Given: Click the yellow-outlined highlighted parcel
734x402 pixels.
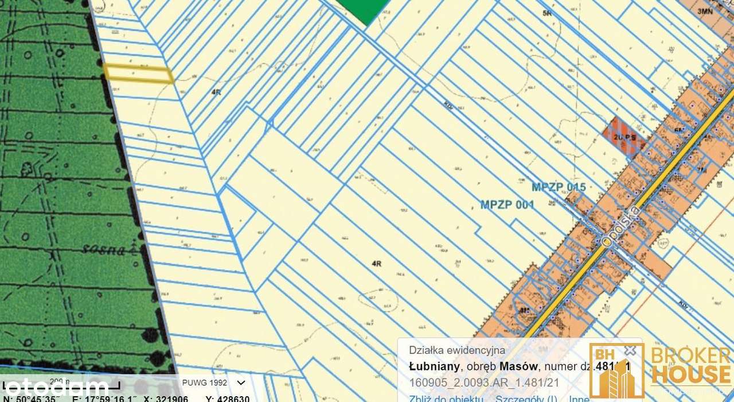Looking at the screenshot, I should tap(138, 73).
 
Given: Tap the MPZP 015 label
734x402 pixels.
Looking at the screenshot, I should tap(559, 187).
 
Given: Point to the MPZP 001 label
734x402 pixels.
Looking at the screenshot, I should tap(507, 204).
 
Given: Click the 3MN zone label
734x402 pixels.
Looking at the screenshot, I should tap(704, 11).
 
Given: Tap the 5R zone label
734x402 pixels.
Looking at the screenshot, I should tap(546, 13).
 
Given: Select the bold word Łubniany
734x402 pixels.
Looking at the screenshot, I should tap(433, 366).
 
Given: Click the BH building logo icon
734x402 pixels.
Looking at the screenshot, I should tap(616, 370).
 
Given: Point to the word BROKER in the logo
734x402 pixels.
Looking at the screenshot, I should tap(691, 357).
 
